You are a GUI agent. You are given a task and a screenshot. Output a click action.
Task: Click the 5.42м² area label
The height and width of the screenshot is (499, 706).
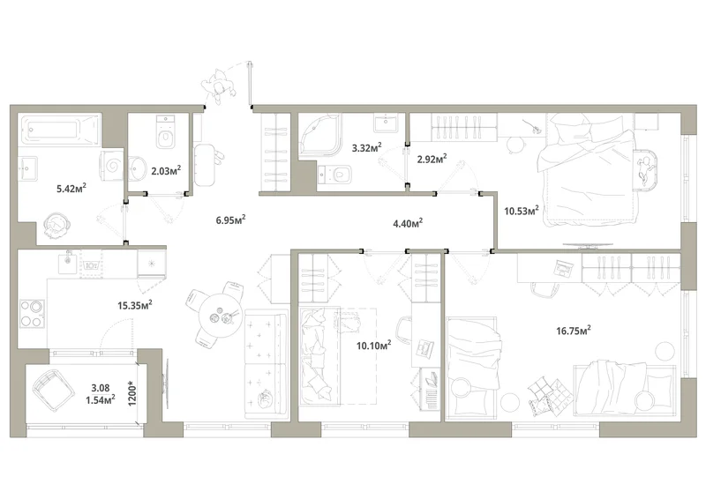tap(71, 188)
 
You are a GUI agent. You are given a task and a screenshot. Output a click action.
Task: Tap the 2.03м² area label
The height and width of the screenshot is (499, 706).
tap(166, 170)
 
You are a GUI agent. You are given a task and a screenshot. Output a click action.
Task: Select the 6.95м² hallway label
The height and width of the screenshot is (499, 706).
tap(230, 220)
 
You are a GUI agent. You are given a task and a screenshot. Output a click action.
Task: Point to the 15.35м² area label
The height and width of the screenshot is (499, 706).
tap(135, 306)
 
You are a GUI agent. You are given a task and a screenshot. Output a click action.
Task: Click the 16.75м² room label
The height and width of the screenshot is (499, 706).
tap(573, 331)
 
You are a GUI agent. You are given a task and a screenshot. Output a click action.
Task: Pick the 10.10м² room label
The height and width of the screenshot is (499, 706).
tap(373, 345)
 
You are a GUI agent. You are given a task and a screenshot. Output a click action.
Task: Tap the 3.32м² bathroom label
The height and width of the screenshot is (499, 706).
tap(367, 147)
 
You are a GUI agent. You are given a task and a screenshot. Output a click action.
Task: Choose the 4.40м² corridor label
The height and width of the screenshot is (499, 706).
tap(408, 223)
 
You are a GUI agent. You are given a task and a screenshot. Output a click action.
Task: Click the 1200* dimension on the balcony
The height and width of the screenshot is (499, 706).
tap(131, 394)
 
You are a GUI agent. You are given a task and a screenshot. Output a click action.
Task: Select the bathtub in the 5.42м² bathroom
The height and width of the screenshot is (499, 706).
tap(59, 130)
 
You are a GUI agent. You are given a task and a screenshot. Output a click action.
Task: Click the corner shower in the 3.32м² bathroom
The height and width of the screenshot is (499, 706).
tap(320, 135)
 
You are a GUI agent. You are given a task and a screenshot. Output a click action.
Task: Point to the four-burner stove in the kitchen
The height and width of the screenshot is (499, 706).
tap(32, 313)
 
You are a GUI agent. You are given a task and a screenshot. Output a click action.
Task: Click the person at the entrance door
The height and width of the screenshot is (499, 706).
tap(218, 86)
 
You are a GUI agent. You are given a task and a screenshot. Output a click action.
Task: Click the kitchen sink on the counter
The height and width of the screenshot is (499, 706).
tap(69, 261)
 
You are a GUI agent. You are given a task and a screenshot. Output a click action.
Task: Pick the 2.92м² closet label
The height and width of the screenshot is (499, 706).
tap(432, 159)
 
